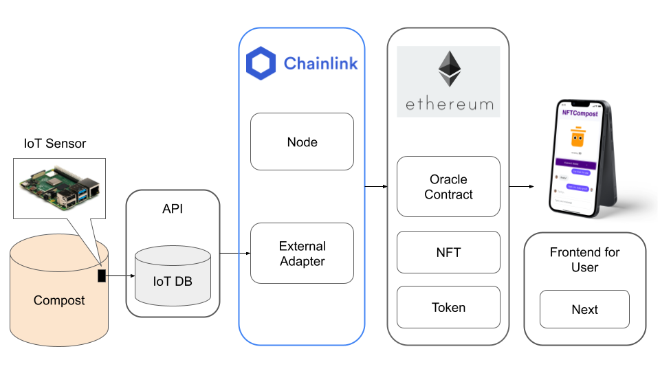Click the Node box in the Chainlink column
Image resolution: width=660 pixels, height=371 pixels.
point(302,142)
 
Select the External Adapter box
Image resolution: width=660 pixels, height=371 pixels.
point(302,253)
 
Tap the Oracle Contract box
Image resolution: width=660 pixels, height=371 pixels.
point(448,187)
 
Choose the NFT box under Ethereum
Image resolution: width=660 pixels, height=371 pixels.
point(448,252)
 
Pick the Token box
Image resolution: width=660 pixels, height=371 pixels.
point(448,307)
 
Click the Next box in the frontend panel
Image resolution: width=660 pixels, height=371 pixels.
point(584,309)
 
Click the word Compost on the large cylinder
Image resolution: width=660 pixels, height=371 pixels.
point(59,300)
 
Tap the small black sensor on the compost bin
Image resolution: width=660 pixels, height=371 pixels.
point(102,276)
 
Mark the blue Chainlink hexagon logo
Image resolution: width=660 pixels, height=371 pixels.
point(261,64)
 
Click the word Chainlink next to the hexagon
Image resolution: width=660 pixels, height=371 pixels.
point(320,64)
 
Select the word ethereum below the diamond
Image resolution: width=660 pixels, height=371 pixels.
point(449,104)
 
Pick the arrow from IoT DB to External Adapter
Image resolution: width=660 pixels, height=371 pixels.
point(234,254)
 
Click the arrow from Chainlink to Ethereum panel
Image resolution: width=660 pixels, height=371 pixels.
point(375,186)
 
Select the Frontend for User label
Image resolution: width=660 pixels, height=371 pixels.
point(584,260)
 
